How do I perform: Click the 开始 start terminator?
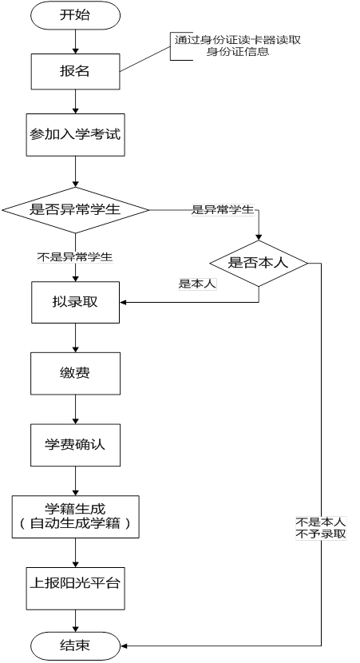75,15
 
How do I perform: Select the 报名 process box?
75,71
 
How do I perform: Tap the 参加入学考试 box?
75,134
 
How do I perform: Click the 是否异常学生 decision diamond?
75,210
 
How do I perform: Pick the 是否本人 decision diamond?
259,264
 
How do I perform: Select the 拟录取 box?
75,302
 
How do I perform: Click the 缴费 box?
75,373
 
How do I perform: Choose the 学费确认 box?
75,445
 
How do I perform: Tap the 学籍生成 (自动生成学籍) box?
75,517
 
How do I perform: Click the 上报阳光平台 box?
75,589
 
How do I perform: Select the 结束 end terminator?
75,645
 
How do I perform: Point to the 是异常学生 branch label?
223,209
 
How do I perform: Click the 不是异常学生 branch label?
75,256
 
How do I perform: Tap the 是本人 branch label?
197,284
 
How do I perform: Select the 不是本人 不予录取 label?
321,528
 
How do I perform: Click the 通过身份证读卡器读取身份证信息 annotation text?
238,46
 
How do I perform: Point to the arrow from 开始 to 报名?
75,42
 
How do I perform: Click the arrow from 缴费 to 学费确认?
75,409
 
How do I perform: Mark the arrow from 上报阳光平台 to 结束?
75,621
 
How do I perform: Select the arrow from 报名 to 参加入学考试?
75,101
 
